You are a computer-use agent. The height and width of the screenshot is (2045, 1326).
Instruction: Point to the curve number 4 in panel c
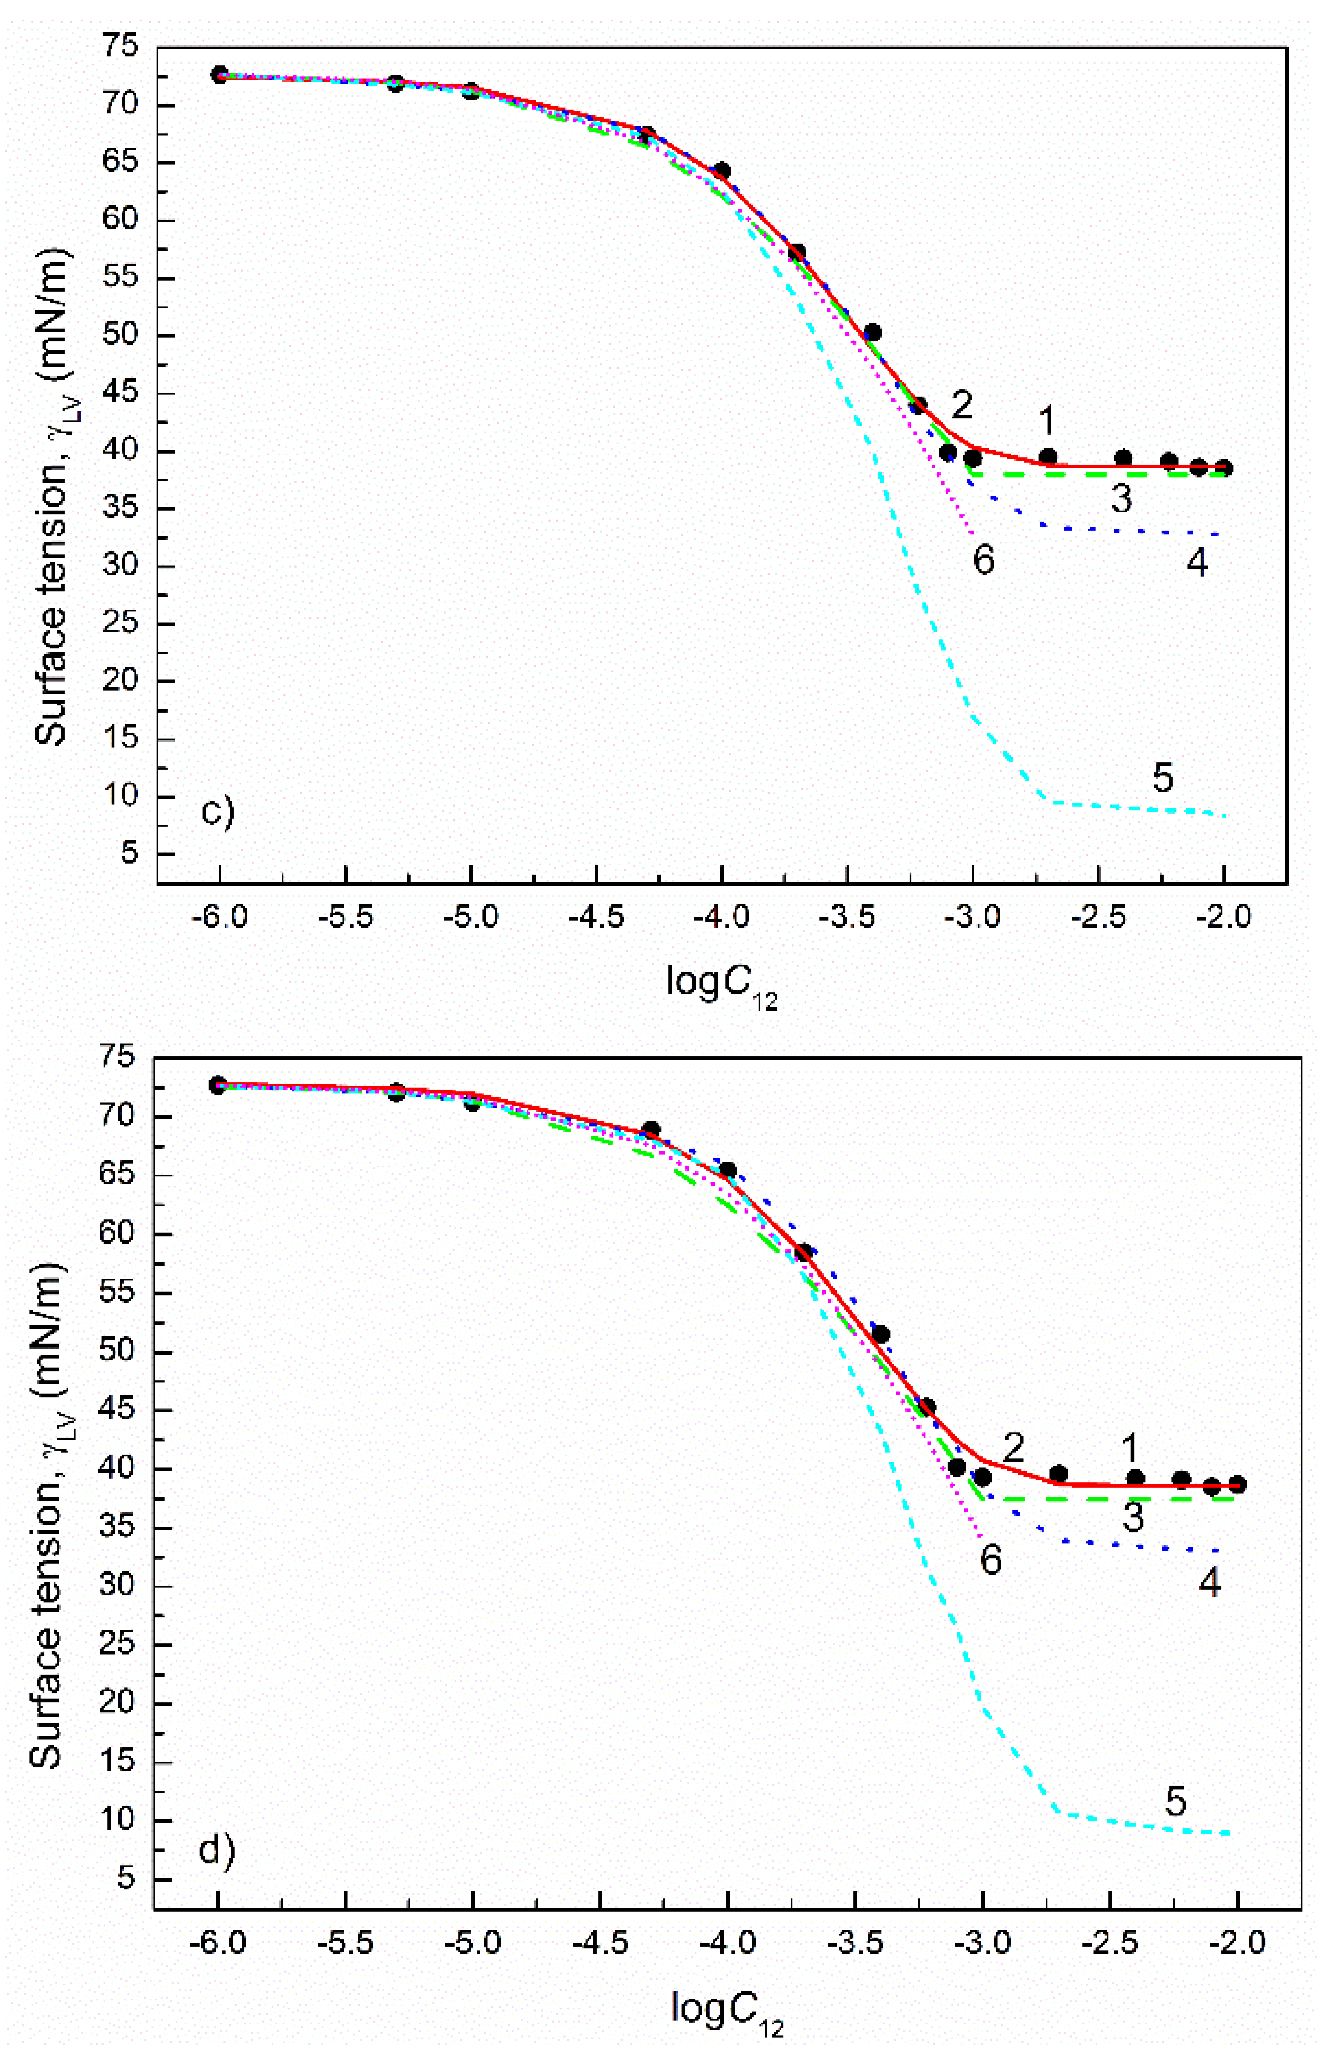pyautogui.click(x=1197, y=564)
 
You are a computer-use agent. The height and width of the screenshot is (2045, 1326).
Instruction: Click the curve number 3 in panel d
pyautogui.click(x=1133, y=1518)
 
